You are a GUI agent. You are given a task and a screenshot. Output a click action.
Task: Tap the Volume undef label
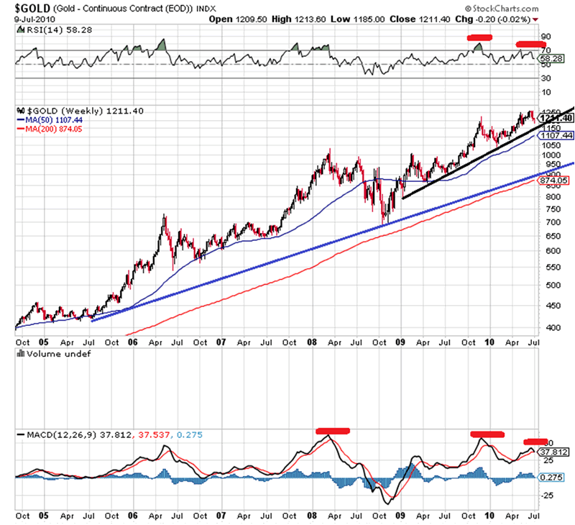(x=43, y=355)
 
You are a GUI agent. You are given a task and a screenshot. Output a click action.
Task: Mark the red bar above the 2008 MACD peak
(x=332, y=431)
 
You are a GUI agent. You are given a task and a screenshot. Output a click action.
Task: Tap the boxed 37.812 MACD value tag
(x=556, y=452)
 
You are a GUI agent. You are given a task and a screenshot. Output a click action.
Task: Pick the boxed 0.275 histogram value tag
(x=556, y=478)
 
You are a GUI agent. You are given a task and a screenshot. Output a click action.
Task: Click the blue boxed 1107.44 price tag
(x=558, y=135)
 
